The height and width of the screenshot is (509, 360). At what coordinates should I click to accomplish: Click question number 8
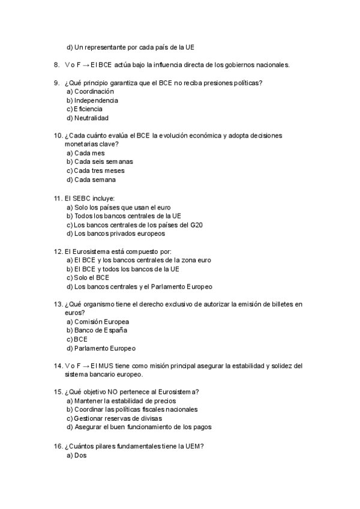click(56, 64)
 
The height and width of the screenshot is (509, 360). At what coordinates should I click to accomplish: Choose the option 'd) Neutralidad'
click(88, 118)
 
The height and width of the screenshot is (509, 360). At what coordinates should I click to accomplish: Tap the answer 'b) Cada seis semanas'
click(100, 161)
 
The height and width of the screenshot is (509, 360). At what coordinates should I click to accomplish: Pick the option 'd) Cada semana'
click(91, 179)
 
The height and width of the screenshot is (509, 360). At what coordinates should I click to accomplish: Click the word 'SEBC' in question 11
click(82, 198)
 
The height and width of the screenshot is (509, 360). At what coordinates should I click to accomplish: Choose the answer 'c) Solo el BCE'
click(88, 278)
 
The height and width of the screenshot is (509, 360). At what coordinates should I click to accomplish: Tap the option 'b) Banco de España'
click(97, 330)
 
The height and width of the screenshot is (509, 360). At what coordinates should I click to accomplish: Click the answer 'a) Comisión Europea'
click(97, 321)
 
